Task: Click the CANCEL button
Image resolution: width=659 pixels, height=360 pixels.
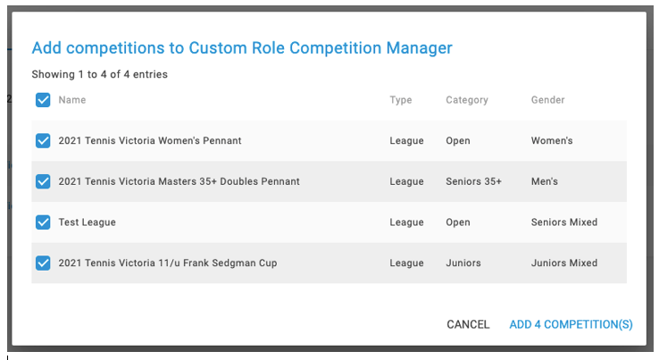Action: pos(468,324)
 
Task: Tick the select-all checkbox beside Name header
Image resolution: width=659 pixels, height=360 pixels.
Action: pos(43,100)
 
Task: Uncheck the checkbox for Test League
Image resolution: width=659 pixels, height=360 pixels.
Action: pos(43,222)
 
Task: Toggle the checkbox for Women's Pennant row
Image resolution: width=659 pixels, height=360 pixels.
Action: pos(43,141)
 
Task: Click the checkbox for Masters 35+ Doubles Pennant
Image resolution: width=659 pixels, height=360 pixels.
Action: pos(43,181)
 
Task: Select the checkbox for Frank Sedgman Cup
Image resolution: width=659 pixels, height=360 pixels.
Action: pos(43,263)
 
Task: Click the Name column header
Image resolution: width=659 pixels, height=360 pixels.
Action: pos(71,100)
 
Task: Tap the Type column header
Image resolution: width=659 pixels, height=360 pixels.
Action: pos(401,100)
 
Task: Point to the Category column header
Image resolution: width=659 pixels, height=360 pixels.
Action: pos(467,100)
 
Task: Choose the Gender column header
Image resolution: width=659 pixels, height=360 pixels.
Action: pos(547,100)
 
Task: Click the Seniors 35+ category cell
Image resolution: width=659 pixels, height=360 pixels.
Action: pos(473,181)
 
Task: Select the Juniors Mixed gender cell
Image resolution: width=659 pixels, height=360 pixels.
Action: pos(564,263)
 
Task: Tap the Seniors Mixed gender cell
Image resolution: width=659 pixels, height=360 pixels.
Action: pos(564,222)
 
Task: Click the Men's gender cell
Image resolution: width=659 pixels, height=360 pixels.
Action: pos(545,181)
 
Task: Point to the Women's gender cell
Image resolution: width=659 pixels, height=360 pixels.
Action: pos(552,140)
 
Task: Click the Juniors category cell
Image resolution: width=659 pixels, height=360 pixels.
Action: pos(463,263)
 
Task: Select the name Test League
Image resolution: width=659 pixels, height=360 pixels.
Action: pos(87,222)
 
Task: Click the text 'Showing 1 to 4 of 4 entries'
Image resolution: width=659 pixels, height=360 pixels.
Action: pos(100,74)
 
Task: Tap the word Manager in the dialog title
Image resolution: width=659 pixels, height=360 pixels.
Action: pos(419,48)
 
